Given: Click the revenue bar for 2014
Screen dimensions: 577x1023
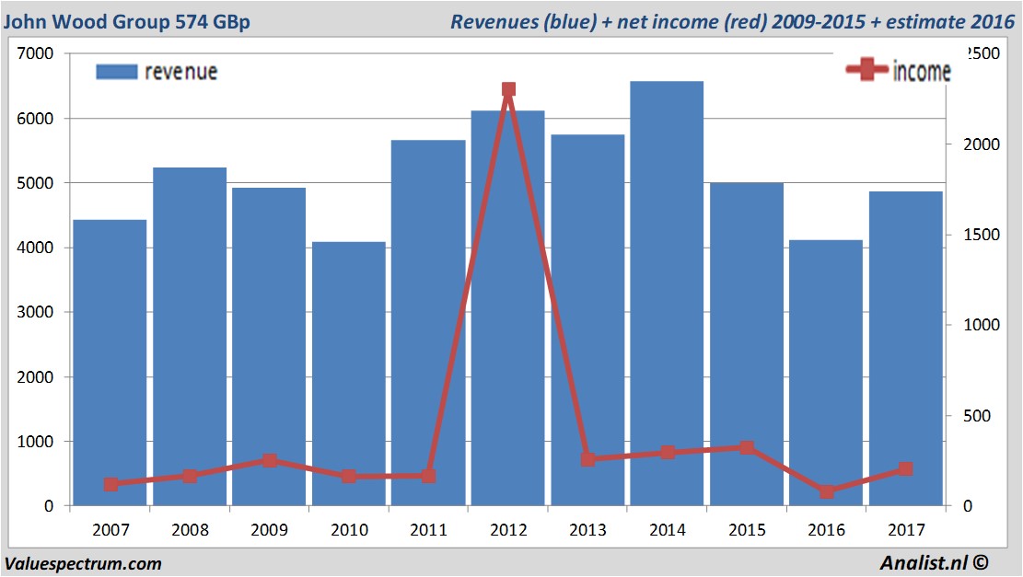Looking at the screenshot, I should click(x=667, y=294).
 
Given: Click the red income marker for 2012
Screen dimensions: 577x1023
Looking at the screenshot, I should click(x=508, y=89).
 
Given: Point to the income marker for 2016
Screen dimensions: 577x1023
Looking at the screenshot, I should click(x=826, y=491).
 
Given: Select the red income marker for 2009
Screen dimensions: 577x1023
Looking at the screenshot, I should click(x=270, y=460).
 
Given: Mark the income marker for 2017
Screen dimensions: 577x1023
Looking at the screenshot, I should click(x=905, y=469).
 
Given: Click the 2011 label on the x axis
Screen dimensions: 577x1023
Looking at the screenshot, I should click(x=428, y=530).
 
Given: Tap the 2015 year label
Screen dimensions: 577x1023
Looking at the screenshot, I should click(x=746, y=530).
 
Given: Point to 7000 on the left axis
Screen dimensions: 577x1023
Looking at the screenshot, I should click(x=37, y=54).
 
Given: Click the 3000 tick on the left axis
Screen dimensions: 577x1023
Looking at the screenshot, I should click(x=37, y=313).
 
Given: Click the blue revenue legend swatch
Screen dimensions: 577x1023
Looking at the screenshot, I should click(x=116, y=72).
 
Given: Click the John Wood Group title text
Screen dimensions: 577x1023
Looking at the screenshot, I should click(x=127, y=21).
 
